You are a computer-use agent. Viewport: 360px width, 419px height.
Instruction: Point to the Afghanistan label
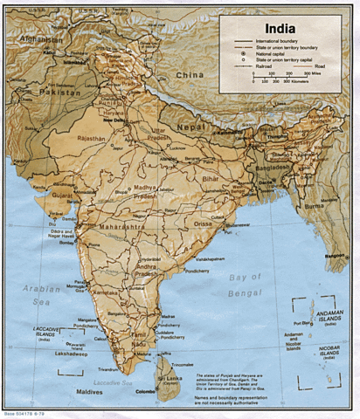click(38, 41)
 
